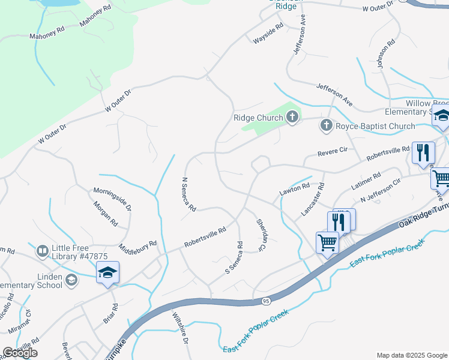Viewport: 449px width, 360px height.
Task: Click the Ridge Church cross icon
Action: pyautogui.click(x=292, y=117)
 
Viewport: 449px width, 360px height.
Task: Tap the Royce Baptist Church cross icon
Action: pyautogui.click(x=326, y=125)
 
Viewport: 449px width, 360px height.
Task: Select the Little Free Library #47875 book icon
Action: pyautogui.click(x=43, y=251)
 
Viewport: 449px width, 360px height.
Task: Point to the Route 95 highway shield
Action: pyautogui.click(x=266, y=299)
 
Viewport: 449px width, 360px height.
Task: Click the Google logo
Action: pyautogui.click(x=20, y=353)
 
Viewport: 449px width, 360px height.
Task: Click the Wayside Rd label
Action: pyautogui.click(x=268, y=34)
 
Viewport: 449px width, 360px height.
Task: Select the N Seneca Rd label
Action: pyautogui.click(x=188, y=194)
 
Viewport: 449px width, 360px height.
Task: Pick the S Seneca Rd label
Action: pyautogui.click(x=234, y=258)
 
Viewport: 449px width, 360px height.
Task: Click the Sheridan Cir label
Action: pyautogui.click(x=261, y=235)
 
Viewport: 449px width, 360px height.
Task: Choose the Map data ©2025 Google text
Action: pyautogui.click(x=411, y=355)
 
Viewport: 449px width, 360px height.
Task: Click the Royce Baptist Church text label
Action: pyautogui.click(x=375, y=126)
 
